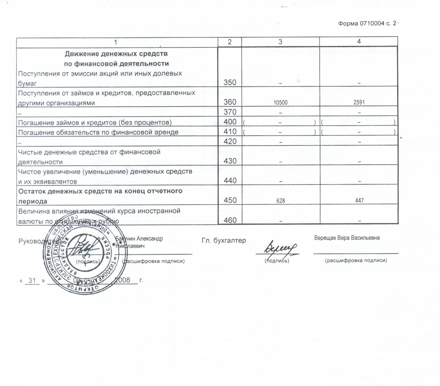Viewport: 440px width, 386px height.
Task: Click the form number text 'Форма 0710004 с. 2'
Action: click(x=367, y=23)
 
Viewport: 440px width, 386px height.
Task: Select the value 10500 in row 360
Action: click(x=280, y=103)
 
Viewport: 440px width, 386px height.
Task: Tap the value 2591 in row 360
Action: click(x=359, y=102)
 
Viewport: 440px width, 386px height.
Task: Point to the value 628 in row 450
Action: click(x=280, y=201)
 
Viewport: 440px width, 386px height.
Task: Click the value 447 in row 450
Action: click(x=359, y=200)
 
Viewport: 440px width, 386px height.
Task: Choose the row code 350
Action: click(x=230, y=82)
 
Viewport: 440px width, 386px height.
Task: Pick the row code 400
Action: click(x=230, y=122)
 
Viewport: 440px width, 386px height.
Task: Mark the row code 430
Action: click(x=230, y=161)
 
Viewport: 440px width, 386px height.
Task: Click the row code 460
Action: click(x=230, y=220)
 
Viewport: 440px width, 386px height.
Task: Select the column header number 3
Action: click(x=280, y=42)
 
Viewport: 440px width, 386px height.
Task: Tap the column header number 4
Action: click(x=359, y=41)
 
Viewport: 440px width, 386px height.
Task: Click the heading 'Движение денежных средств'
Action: click(x=116, y=53)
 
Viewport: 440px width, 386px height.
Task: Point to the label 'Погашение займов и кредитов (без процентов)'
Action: click(x=95, y=122)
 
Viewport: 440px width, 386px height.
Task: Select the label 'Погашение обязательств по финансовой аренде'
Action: click(x=98, y=132)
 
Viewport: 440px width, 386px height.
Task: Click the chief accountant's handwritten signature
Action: click(x=280, y=248)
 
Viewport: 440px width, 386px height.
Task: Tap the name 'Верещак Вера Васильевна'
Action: click(x=347, y=238)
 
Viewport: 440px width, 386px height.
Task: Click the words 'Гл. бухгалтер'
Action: click(x=224, y=240)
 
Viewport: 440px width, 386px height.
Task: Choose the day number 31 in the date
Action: click(x=32, y=280)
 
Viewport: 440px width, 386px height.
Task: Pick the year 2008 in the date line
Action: click(x=122, y=280)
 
